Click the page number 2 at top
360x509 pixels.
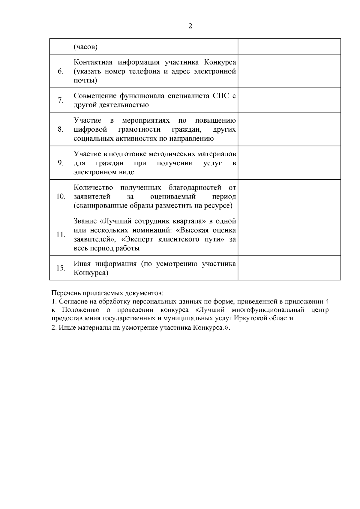click(x=190, y=26)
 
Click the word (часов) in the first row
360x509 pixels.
click(x=86, y=47)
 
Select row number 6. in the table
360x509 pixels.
click(x=61, y=71)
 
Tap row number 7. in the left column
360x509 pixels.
click(x=61, y=100)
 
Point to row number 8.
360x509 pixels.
click(x=61, y=129)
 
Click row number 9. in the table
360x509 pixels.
click(x=61, y=163)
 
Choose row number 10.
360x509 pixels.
click(x=61, y=196)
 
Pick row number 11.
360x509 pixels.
click(x=61, y=235)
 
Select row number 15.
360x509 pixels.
click(x=61, y=268)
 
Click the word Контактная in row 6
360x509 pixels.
click(x=93, y=62)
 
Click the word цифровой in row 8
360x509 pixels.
click(x=90, y=130)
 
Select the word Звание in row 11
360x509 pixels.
click(x=85, y=221)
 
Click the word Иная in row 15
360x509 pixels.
click(x=82, y=264)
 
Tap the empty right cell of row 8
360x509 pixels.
click(x=289, y=129)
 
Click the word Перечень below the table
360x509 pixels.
click(x=65, y=292)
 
